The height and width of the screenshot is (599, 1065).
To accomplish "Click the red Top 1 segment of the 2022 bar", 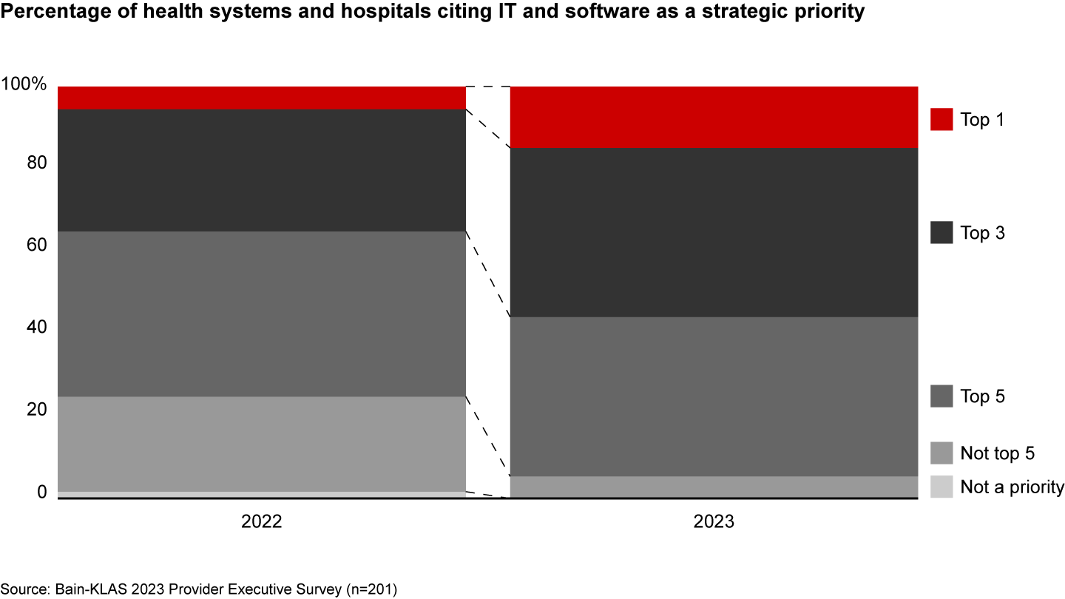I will [262, 98].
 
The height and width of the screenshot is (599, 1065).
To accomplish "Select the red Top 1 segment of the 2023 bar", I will [714, 117].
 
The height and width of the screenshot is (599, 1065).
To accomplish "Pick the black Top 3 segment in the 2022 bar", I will [262, 170].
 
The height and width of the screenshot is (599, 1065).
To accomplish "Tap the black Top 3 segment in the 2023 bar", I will [714, 232].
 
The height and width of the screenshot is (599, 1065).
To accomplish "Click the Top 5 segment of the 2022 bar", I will [262, 314].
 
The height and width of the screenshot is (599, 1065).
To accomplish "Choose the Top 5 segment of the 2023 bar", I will [714, 396].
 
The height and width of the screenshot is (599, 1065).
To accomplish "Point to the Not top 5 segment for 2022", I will [262, 444].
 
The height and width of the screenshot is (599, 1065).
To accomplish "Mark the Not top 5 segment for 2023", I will [714, 487].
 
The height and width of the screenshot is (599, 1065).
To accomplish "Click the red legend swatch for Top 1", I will [941, 119].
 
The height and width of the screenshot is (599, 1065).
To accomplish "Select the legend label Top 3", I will [982, 234].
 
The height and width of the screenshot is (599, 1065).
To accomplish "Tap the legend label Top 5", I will [982, 397].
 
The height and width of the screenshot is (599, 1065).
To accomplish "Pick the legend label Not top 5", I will [997, 453].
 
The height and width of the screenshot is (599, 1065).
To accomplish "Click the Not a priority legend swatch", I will [941, 487].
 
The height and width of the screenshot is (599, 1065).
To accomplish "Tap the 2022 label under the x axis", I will [262, 521].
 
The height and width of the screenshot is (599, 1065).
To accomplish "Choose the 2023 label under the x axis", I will [714, 521].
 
